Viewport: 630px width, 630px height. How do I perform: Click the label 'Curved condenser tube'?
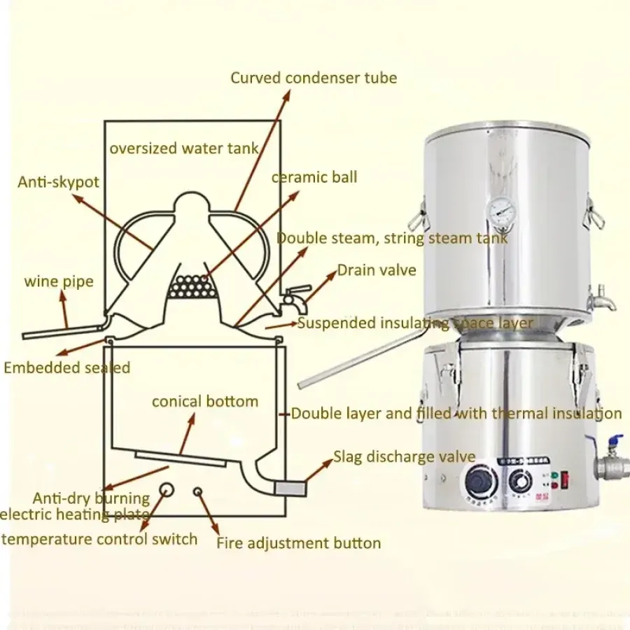(x=314, y=78)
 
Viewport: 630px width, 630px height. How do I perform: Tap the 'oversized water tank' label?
(x=183, y=148)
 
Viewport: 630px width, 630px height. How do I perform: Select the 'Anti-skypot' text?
(x=58, y=182)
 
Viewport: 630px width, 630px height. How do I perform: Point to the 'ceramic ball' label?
(x=314, y=177)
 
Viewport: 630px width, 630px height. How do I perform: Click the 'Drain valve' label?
(x=377, y=270)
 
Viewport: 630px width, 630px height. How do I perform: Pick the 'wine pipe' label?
(x=59, y=282)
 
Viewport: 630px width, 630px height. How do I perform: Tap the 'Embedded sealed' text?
(x=67, y=367)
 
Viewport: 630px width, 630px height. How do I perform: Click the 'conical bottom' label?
(x=205, y=402)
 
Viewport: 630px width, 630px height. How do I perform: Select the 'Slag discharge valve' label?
(x=404, y=457)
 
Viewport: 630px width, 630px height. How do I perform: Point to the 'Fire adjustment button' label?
(x=299, y=542)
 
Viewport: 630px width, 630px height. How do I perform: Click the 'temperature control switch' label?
(x=99, y=539)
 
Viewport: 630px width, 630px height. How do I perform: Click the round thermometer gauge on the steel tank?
(x=501, y=208)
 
